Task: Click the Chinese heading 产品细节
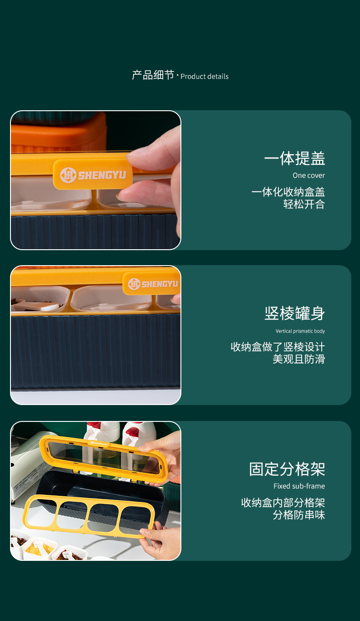[x=153, y=75]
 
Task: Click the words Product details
[x=205, y=77]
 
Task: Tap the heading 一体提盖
[x=294, y=159]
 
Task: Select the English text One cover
[x=309, y=175]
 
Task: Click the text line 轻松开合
[x=304, y=204]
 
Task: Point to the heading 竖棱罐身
[x=294, y=313]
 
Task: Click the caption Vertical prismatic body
[x=300, y=331]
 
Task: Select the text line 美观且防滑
[x=298, y=359]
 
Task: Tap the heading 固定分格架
[x=287, y=469]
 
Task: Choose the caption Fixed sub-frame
[x=299, y=486]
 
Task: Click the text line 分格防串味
[x=298, y=515]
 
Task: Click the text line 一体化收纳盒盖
[x=288, y=192]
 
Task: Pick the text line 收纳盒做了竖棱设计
[x=278, y=347]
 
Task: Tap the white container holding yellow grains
[x=39, y=549]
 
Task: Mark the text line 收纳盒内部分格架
[x=283, y=503]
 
